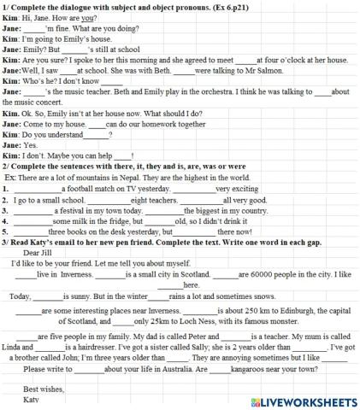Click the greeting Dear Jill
(x=38, y=253)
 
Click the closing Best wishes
(x=44, y=389)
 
